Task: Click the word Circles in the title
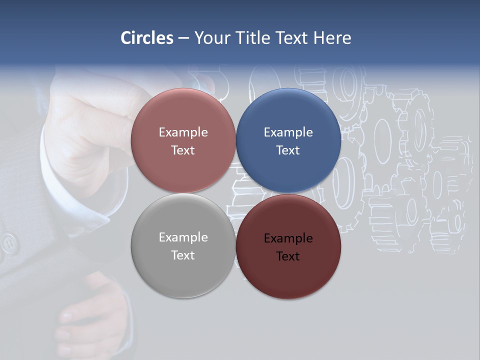coord(147,38)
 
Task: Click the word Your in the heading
coord(212,38)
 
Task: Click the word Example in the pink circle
coord(183,132)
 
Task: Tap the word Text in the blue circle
coord(288,150)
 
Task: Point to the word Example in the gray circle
coord(183,237)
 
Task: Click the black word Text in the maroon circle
coord(288,256)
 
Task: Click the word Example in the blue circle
coord(288,132)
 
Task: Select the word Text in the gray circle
coord(183,255)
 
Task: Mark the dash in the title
coord(183,38)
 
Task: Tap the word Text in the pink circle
coord(183,150)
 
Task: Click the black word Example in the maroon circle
coord(288,238)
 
